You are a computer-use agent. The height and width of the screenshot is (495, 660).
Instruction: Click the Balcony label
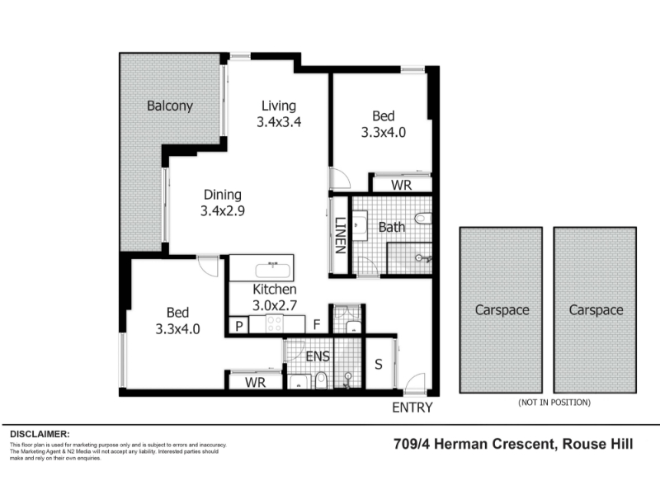click(x=170, y=106)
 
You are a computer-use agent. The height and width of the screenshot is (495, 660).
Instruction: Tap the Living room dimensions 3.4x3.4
click(x=279, y=122)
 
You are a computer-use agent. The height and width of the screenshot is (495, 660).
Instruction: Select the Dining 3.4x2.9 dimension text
click(x=223, y=210)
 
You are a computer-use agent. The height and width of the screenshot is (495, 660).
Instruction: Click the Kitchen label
click(x=275, y=290)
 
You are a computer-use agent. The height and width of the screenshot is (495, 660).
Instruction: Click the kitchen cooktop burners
click(x=275, y=324)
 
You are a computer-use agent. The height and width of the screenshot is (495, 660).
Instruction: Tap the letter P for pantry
click(x=239, y=326)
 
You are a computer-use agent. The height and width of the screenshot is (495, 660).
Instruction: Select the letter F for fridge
click(x=317, y=324)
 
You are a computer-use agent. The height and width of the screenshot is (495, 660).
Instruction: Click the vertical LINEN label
click(x=340, y=235)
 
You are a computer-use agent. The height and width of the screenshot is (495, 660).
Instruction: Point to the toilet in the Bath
click(x=422, y=218)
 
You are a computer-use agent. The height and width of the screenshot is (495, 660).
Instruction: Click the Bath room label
click(x=391, y=228)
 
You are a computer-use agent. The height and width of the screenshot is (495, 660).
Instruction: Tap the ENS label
click(x=318, y=356)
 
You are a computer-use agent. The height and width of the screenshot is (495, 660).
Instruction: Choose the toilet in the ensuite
click(x=321, y=379)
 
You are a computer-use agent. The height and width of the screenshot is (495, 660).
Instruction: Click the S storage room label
click(x=379, y=365)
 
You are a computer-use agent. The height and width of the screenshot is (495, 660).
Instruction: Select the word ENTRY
click(x=412, y=408)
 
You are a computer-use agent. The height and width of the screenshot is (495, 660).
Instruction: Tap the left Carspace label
click(x=502, y=310)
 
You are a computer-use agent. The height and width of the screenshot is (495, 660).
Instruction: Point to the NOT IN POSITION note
click(x=554, y=403)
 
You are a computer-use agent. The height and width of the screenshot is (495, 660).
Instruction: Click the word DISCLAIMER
click(x=40, y=434)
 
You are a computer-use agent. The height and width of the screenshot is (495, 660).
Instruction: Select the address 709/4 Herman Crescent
click(x=473, y=444)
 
